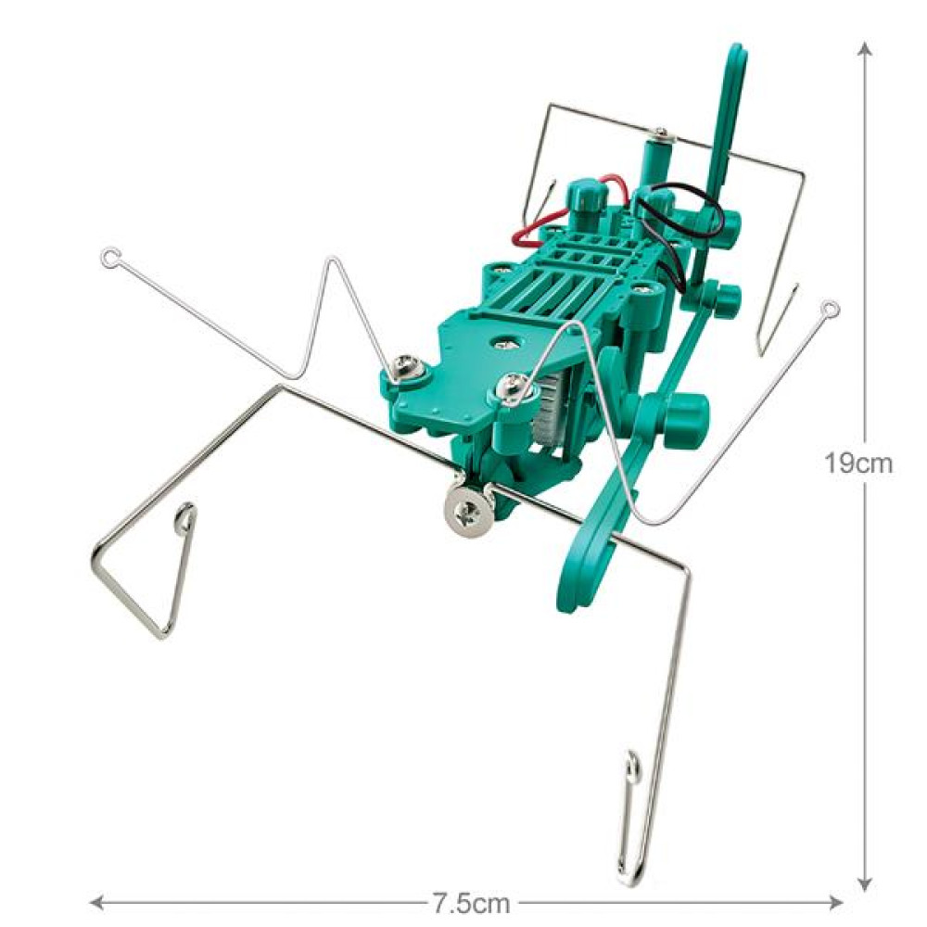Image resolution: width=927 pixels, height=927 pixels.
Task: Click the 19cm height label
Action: tap(857, 464)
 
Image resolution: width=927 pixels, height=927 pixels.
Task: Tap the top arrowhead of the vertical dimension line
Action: tap(865, 48)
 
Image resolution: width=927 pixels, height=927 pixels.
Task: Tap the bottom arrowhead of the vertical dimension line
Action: tap(865, 883)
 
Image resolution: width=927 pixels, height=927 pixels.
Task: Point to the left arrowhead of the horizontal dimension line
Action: tap(96, 903)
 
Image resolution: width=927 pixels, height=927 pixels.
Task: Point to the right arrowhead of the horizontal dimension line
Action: tap(836, 903)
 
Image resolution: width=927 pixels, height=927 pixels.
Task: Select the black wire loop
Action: tap(686, 231)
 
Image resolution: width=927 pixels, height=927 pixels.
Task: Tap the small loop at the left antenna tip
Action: tap(109, 258)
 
